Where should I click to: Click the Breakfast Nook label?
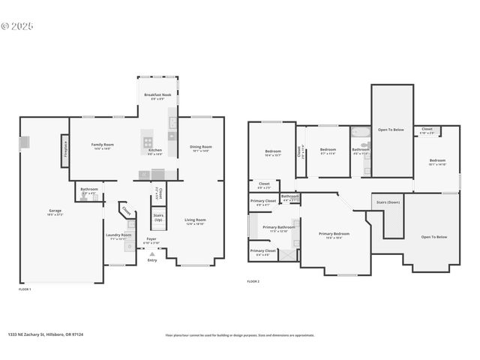click(157, 95)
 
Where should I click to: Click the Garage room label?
click(55, 211)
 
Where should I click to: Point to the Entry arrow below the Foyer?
click(152, 255)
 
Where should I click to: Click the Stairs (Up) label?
click(158, 217)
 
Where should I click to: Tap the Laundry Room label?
click(118, 235)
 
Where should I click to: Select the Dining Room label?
click(200, 147)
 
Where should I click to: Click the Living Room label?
click(195, 220)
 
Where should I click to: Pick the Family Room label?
click(102, 144)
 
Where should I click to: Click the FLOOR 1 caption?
click(25, 289)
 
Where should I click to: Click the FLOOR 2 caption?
click(253, 281)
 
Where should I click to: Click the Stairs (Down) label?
click(388, 202)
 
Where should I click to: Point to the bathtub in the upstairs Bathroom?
click(361, 134)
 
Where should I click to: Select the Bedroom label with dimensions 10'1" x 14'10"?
click(438, 160)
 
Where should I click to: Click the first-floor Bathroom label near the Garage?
click(89, 189)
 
